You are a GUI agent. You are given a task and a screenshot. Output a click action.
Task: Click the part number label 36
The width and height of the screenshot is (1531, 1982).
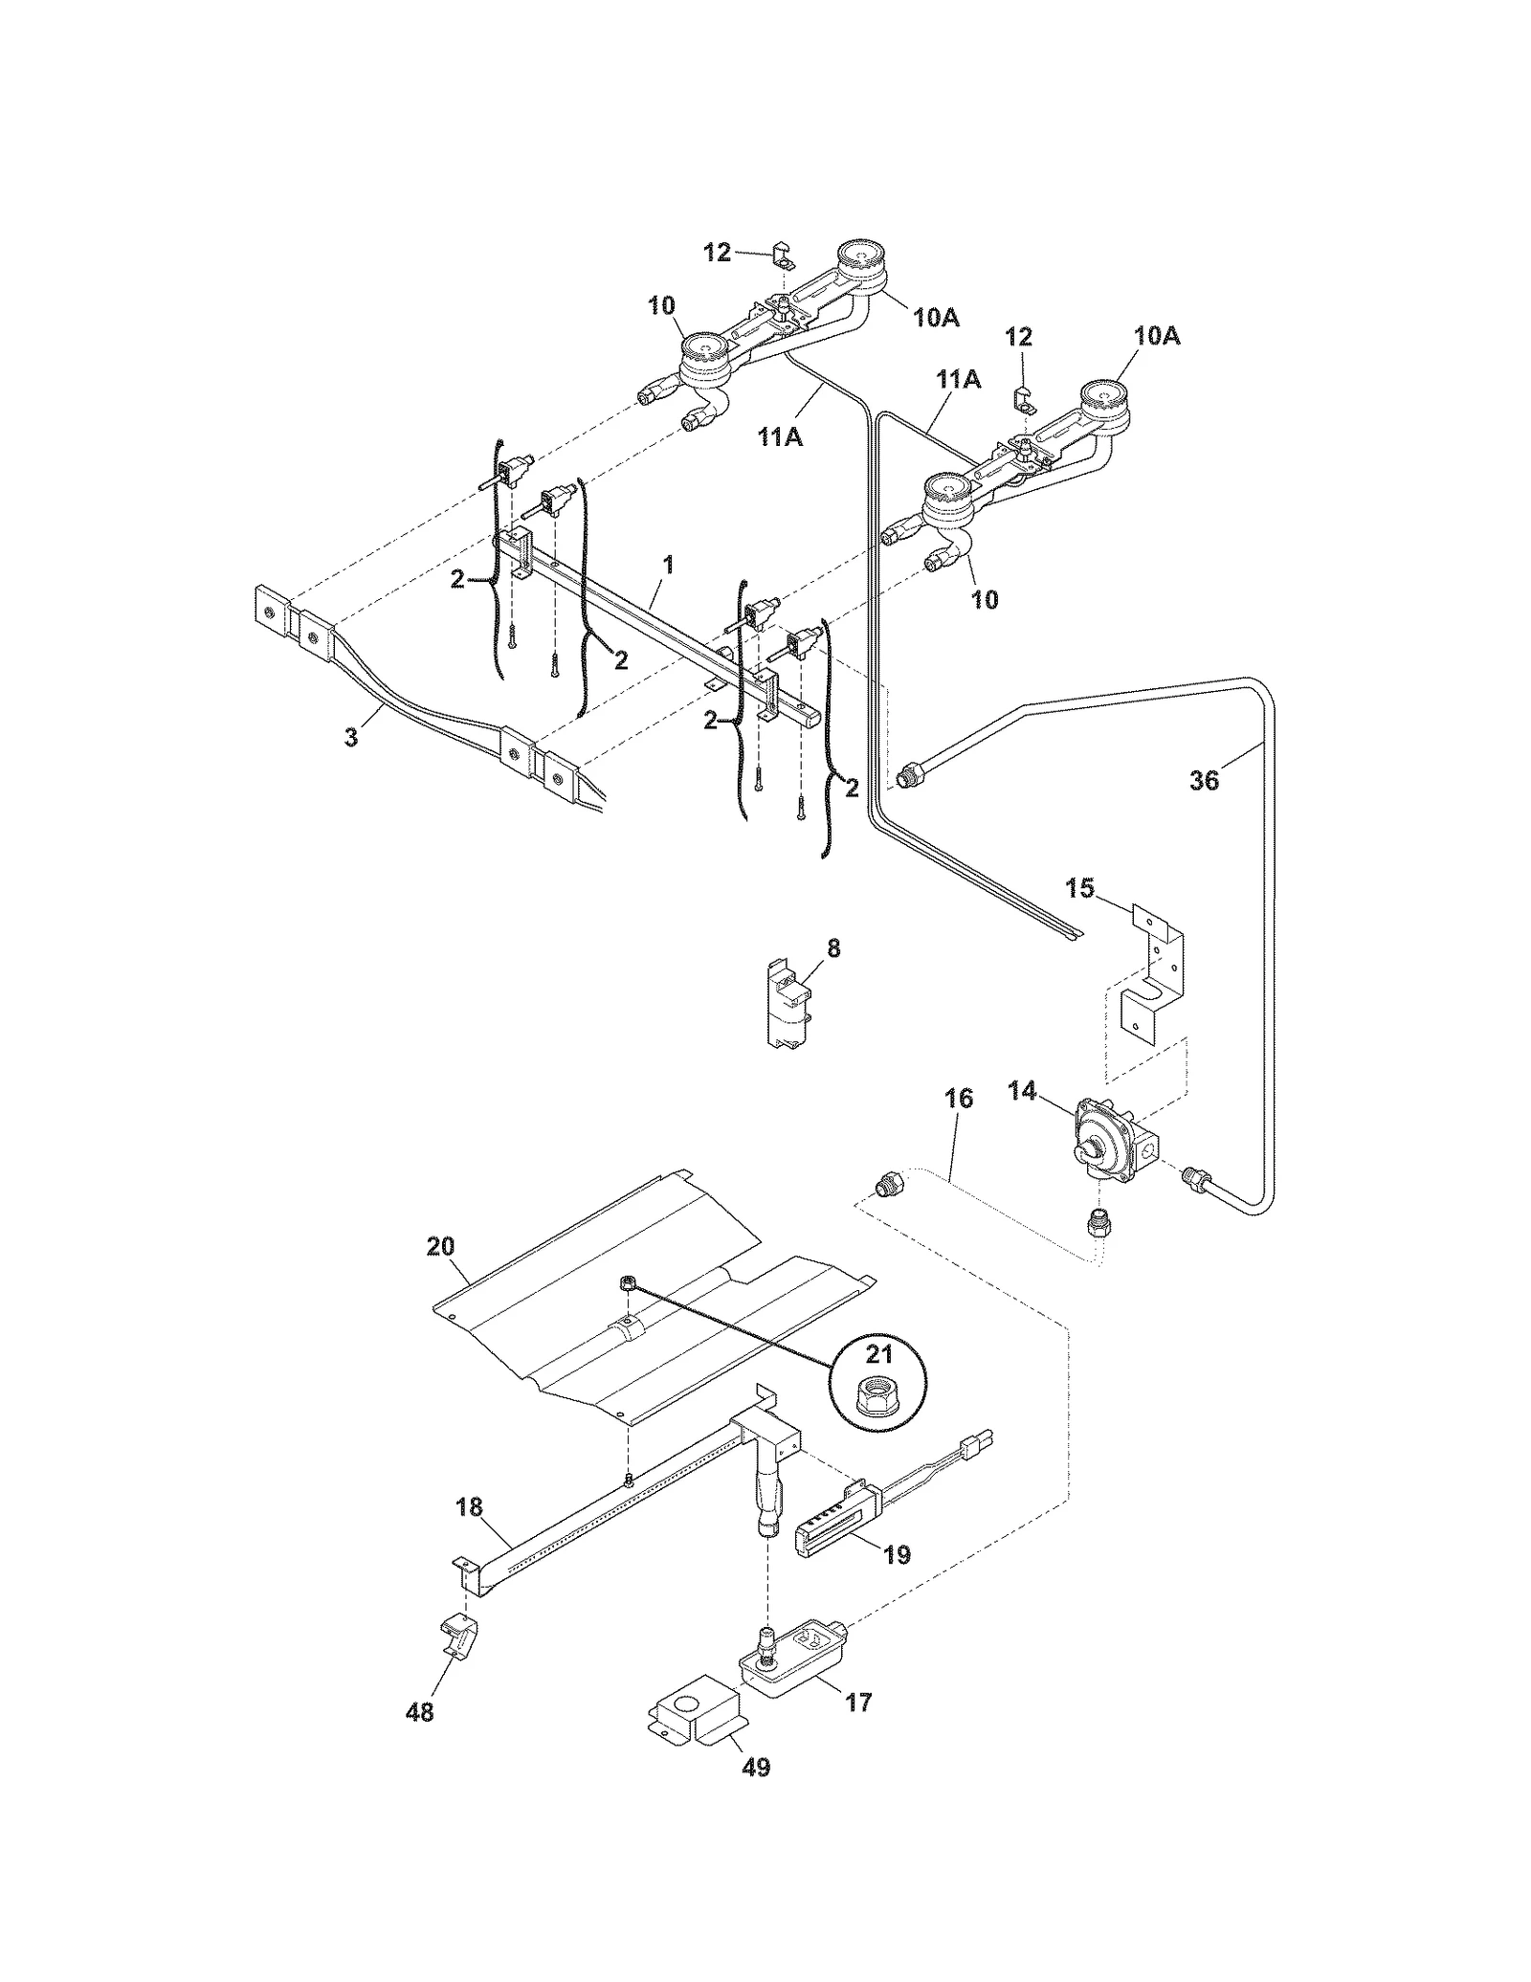(1204, 780)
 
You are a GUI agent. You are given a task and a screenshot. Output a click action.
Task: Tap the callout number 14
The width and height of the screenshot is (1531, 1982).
(1023, 1091)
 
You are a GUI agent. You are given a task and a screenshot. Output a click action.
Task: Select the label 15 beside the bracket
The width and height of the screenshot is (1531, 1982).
(1079, 887)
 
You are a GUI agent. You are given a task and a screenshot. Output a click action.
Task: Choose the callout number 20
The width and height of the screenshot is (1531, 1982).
(441, 1247)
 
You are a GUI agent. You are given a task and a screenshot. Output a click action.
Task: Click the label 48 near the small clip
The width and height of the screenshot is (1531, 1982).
(419, 1712)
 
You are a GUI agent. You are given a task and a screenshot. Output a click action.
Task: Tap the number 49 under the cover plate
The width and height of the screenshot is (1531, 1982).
(756, 1768)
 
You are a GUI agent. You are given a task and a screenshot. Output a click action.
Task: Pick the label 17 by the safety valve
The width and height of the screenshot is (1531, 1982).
(858, 1703)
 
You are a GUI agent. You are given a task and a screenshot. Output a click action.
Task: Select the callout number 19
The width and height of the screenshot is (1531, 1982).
(897, 1554)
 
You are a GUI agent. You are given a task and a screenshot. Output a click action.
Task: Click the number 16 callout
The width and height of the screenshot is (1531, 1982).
(959, 1099)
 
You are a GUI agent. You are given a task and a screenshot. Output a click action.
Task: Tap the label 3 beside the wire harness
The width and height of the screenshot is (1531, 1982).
(351, 737)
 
